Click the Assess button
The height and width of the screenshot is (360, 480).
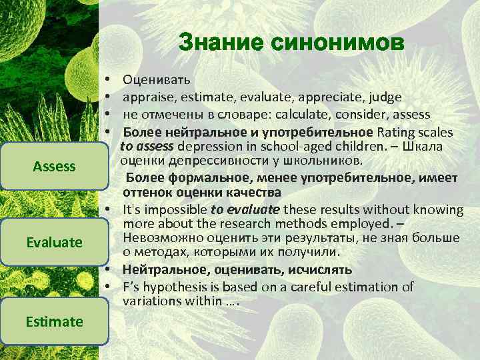tap(54, 166)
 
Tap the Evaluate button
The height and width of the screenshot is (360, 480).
tap(54, 242)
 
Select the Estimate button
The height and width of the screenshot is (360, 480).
tap(54, 321)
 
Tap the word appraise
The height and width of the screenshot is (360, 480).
tap(148, 98)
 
